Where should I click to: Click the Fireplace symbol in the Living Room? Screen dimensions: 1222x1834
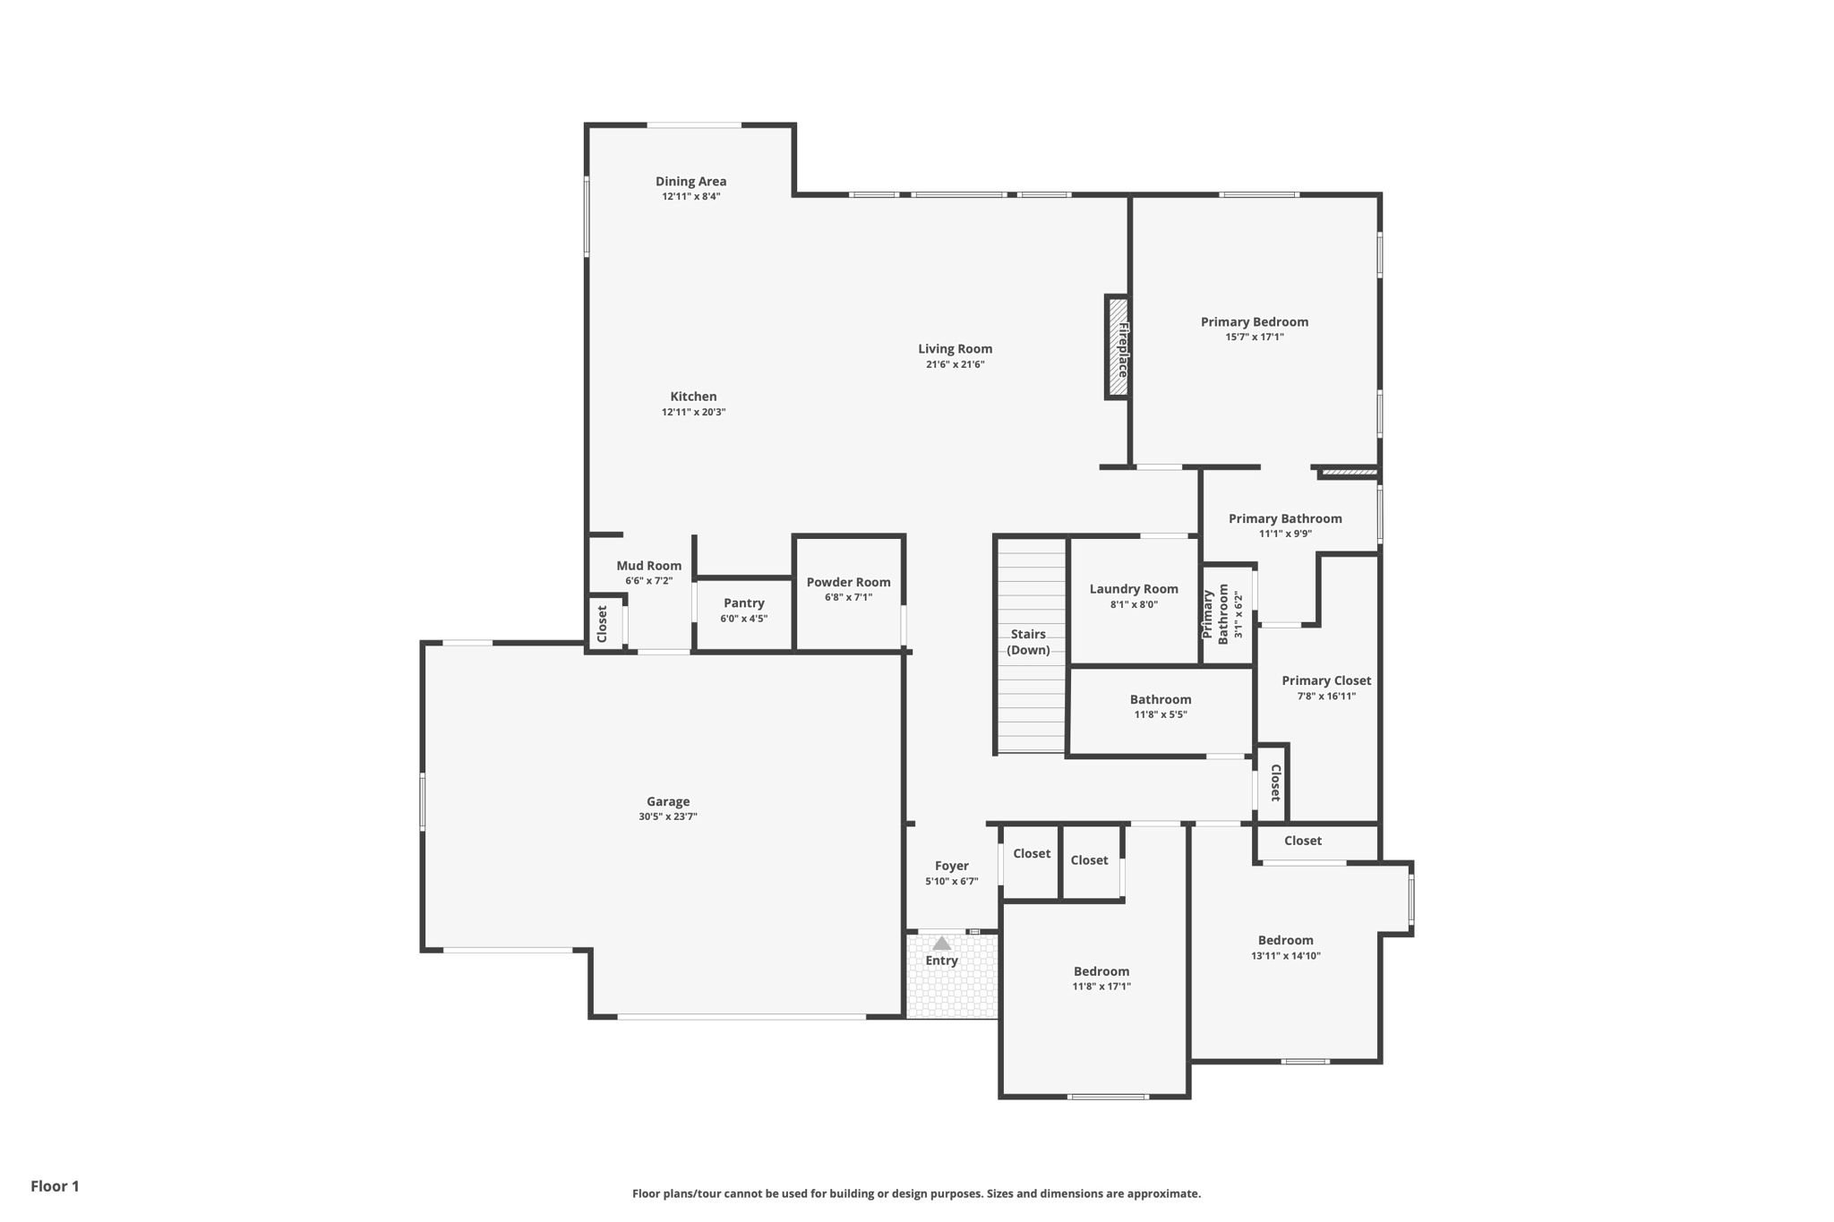point(1117,347)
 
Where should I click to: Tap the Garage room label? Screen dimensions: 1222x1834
point(668,801)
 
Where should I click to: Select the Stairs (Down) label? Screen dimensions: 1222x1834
point(1028,642)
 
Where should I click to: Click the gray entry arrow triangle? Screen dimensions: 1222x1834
point(941,944)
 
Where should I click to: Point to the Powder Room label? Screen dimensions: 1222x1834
point(848,582)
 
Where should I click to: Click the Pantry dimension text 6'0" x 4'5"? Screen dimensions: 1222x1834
point(743,619)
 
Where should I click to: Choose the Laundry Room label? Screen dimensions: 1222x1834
point(1134,589)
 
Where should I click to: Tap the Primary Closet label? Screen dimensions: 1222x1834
point(1326,680)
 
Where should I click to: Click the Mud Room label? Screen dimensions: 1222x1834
point(648,566)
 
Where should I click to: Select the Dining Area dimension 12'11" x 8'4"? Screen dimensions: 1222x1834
point(690,196)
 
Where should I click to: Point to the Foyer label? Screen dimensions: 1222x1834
point(951,866)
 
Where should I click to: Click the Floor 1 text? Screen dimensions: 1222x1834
point(55,1186)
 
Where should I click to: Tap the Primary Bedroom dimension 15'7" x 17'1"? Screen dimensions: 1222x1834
point(1255,338)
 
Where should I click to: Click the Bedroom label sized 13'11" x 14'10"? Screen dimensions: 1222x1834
point(1285,940)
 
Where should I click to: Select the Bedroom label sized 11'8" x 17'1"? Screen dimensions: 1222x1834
point(1101,971)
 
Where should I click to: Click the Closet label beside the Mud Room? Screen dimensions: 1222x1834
point(602,623)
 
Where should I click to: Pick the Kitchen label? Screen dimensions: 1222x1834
point(693,397)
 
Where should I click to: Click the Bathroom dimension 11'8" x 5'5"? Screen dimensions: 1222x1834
point(1161,714)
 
